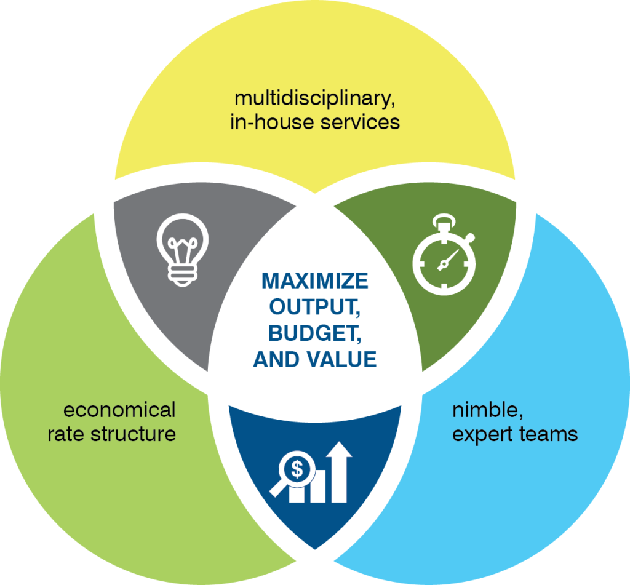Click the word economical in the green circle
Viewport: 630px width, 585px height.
[x=119, y=410]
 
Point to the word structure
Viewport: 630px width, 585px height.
[x=134, y=434]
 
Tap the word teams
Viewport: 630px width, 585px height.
[x=547, y=434]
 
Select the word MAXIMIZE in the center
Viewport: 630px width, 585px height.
[x=315, y=281]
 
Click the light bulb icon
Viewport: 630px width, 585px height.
[x=183, y=249]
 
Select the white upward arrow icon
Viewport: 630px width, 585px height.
[x=339, y=471]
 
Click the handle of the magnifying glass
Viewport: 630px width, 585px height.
[x=277, y=489]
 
